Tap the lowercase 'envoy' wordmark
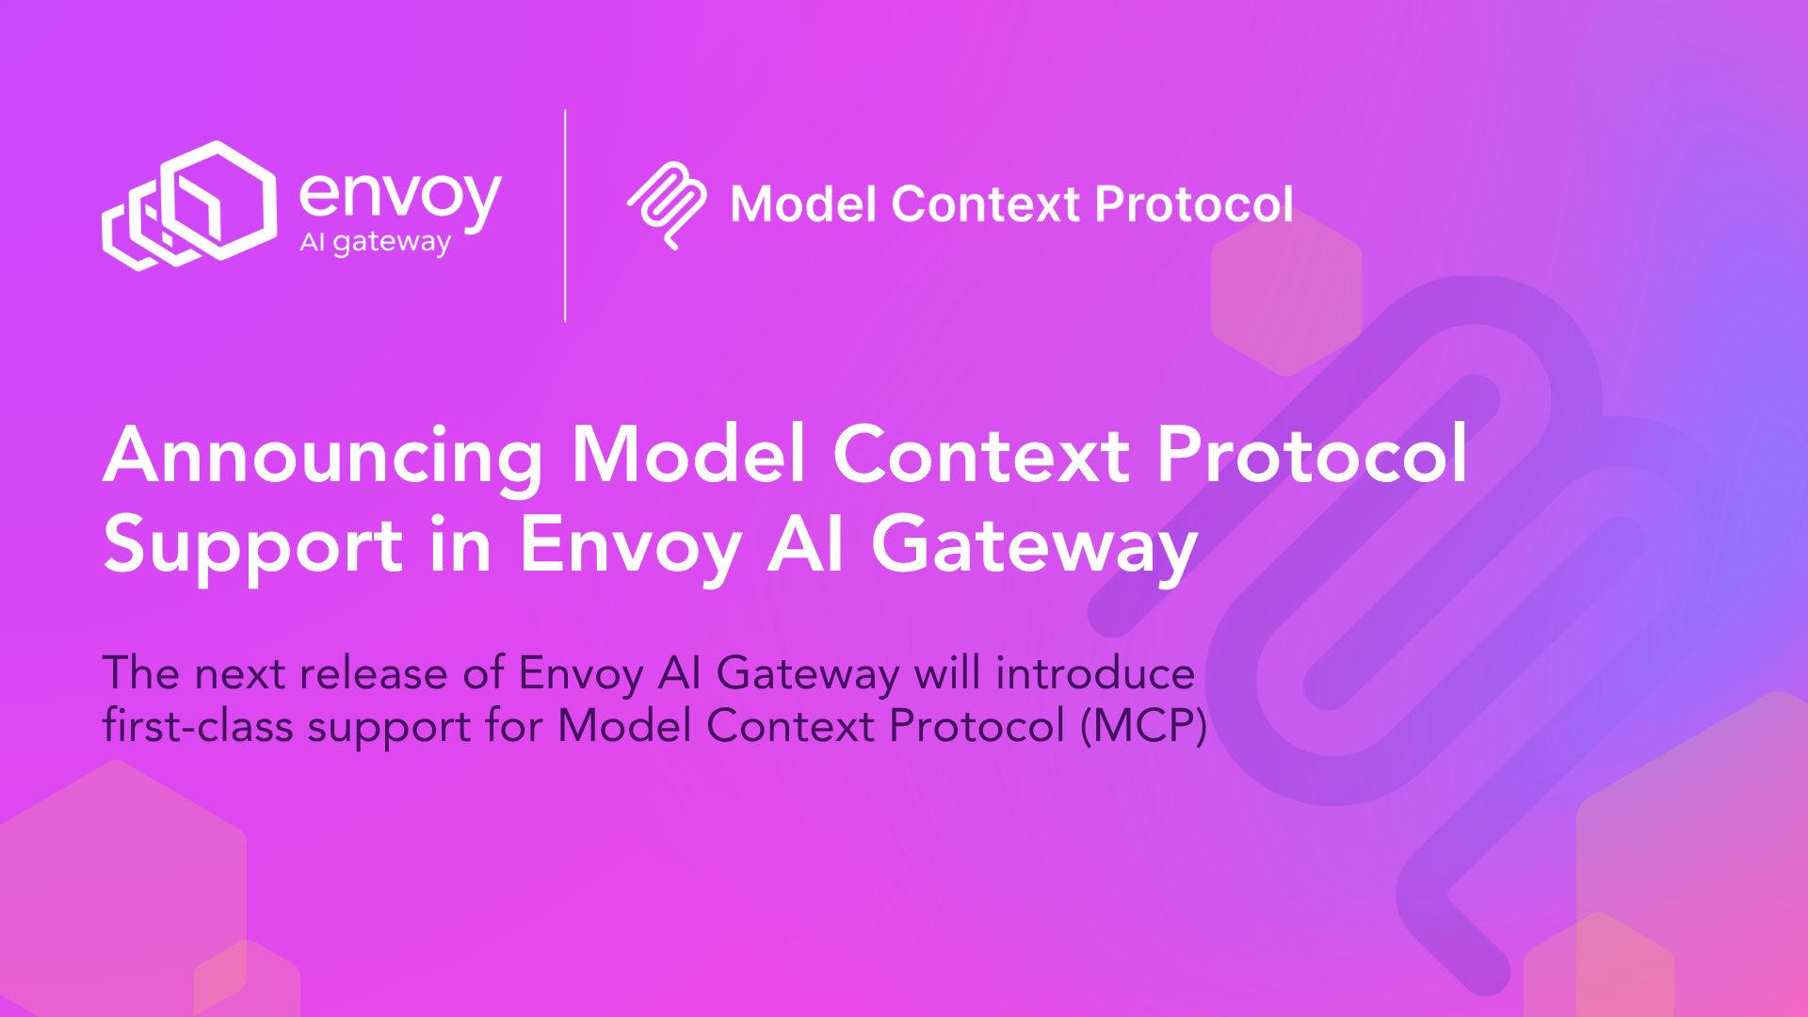400,196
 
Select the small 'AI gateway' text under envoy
375,242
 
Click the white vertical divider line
565,216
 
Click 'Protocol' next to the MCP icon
1194,204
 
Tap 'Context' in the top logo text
985,204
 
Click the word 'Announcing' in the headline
323,457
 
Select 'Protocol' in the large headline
1312,455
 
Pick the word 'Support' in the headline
253,547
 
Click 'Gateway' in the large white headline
1034,546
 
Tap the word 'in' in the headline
460,545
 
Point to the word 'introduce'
1095,674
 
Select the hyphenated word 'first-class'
197,726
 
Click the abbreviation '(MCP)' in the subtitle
1143,726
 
